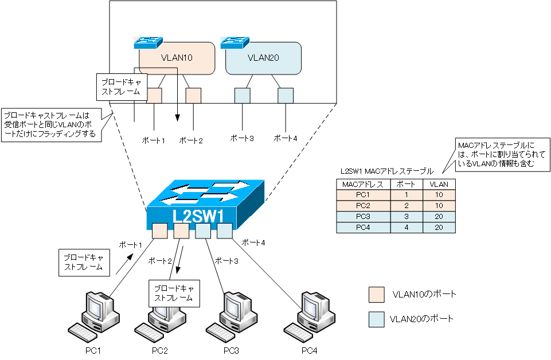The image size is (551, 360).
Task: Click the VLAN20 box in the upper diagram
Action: (263, 58)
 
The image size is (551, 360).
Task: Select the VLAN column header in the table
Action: (439, 185)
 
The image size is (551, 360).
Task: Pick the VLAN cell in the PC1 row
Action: (439, 195)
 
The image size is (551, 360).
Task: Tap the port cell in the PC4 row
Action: (406, 228)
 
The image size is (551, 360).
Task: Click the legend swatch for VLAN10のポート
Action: (376, 295)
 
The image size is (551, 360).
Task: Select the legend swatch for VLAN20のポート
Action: (376, 319)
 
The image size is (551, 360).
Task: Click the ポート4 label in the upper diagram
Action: (286, 138)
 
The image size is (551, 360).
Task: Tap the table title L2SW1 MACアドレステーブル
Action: (386, 171)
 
